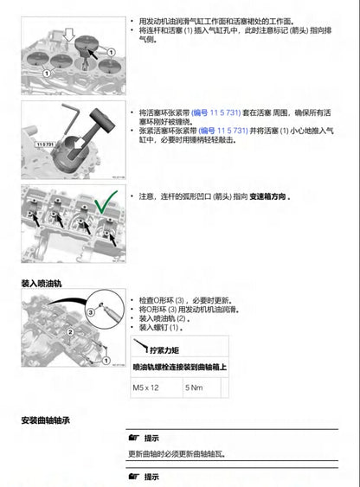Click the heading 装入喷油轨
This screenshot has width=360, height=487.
42,283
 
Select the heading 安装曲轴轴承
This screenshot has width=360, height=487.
45,420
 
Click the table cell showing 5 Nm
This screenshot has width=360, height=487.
196,388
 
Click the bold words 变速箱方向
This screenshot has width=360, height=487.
265,197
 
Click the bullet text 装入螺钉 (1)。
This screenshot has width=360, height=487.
159,328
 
